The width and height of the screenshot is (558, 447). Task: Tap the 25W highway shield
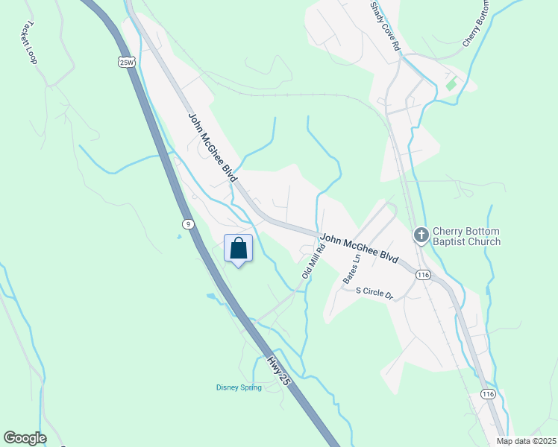(125, 63)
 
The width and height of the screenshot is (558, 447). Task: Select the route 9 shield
(186, 223)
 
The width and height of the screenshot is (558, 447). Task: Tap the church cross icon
(421, 235)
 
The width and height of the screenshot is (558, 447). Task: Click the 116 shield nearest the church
(424, 275)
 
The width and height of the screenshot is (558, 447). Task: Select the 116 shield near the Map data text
(488, 393)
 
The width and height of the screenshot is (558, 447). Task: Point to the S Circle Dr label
(374, 293)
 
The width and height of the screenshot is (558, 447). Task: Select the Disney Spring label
(239, 387)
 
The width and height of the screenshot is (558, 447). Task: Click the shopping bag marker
(239, 248)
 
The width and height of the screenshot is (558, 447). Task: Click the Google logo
(25, 438)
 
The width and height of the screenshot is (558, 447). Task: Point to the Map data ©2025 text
(526, 441)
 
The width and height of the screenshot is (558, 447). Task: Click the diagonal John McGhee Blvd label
(213, 148)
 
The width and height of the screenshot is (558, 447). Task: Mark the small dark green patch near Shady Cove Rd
(451, 83)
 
